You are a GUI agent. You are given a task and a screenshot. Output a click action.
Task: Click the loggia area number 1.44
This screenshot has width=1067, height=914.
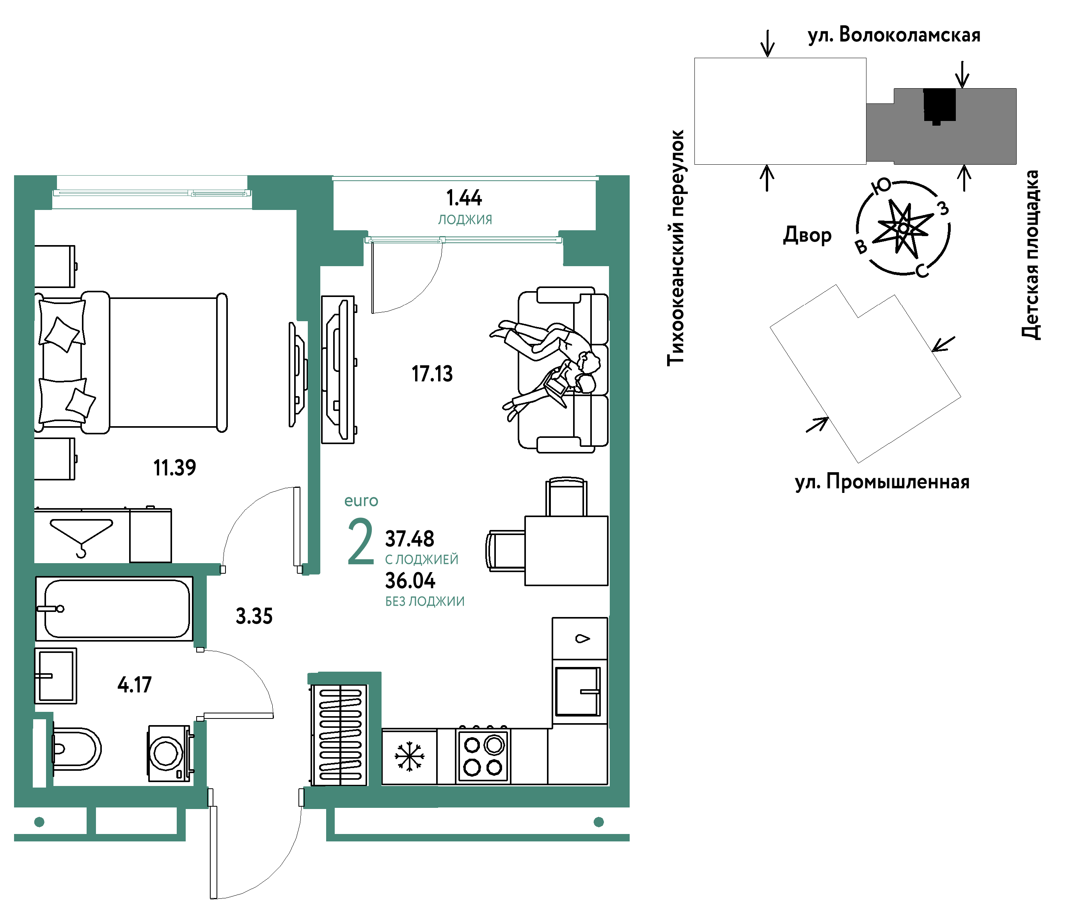click(463, 198)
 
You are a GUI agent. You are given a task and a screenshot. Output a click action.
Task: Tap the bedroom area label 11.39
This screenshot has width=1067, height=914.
click(174, 468)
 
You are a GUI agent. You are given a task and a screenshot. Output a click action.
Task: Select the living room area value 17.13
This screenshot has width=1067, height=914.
click(432, 374)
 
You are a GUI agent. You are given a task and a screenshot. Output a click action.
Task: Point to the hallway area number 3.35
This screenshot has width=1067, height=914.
click(254, 616)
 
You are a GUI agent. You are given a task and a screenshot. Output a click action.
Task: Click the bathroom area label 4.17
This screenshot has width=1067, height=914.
click(135, 685)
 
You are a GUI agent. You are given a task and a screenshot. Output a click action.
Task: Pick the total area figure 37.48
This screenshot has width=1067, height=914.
click(410, 539)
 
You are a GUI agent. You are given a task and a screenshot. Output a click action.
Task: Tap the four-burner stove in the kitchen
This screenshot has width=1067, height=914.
click(483, 756)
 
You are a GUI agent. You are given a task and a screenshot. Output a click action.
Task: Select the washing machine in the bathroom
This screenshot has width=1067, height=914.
click(170, 753)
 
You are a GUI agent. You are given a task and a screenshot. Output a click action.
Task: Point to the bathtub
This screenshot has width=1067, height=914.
click(114, 608)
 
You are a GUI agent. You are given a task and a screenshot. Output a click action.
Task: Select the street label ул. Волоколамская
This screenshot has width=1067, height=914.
click(894, 35)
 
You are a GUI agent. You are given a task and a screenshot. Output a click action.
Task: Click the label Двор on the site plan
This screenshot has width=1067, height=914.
click(807, 235)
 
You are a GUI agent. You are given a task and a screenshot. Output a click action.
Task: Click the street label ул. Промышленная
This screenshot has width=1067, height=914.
click(882, 482)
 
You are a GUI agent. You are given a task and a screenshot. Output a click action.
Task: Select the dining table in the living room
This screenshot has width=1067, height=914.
click(566, 551)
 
